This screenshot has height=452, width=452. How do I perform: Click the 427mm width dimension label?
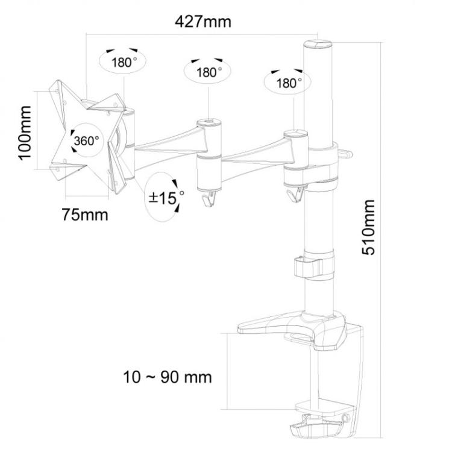point(203,22)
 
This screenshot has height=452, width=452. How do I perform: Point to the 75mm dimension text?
point(85,214)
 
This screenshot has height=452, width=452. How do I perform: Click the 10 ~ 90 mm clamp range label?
point(168,377)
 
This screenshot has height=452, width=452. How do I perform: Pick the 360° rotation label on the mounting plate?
point(86,141)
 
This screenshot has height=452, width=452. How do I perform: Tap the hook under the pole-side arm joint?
point(295,193)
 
